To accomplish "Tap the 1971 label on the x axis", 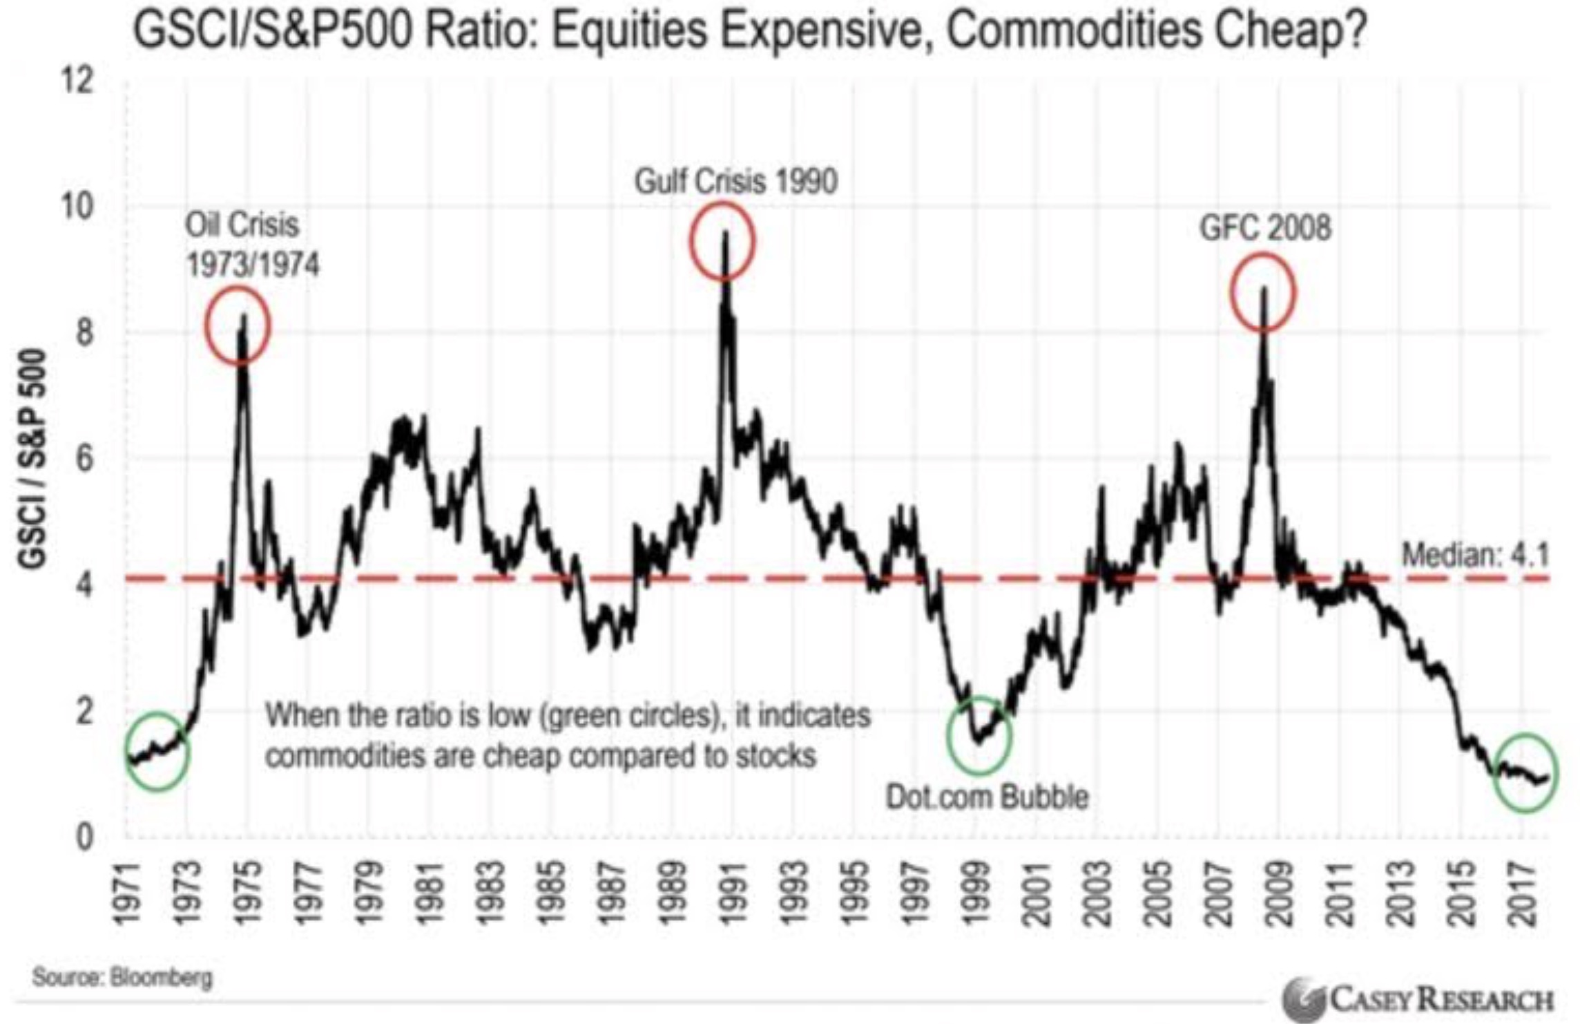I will pos(128,894).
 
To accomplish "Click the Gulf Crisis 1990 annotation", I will pos(735,182).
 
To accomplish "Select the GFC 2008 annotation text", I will pos(1265,228).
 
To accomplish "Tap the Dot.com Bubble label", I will pos(987,797).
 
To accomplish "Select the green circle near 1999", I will pos(979,735).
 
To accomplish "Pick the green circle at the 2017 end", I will pos(1525,772).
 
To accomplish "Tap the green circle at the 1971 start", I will pos(157,751).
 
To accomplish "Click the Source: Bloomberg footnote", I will pos(122,978).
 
